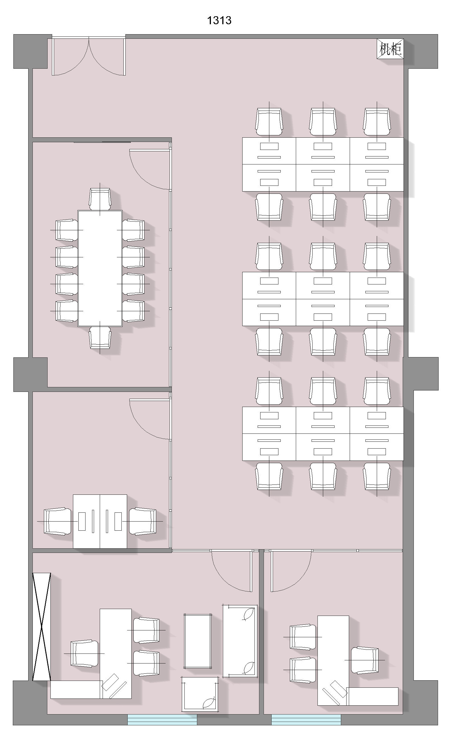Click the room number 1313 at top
coord(219,21)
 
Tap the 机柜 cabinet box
coord(390,48)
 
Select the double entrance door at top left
coord(89,56)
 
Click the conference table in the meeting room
coord(100,268)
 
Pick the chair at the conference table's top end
coord(100,199)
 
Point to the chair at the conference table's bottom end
coord(100,337)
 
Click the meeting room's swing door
coord(150,170)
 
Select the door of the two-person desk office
coord(150,419)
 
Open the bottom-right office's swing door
coord(291,571)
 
